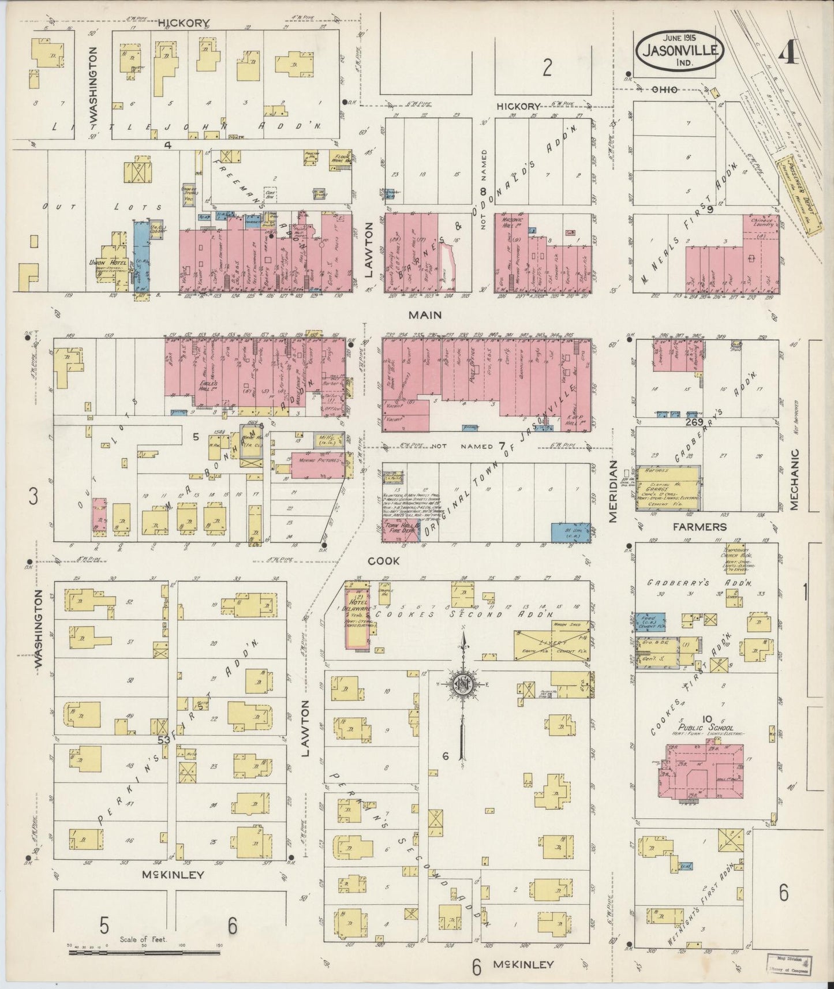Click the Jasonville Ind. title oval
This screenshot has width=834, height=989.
[x=680, y=51]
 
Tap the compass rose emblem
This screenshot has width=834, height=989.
[x=462, y=684]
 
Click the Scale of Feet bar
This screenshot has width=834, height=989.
[x=144, y=953]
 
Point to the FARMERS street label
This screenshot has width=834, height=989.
[x=706, y=527]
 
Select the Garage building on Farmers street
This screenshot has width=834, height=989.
[x=668, y=489]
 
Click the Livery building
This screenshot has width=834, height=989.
[x=551, y=641]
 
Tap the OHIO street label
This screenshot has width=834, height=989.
[x=664, y=89]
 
